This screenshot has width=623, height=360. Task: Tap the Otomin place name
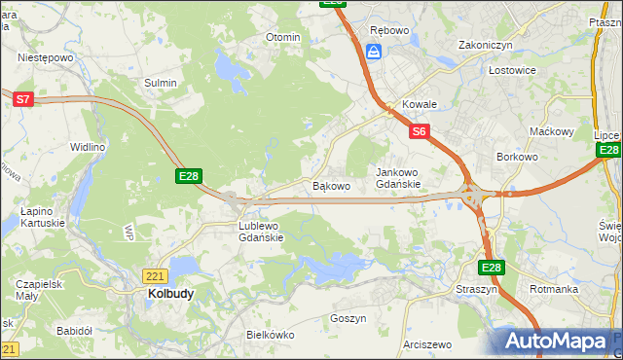(x=283, y=37)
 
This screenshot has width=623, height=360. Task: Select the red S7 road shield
(x=23, y=98)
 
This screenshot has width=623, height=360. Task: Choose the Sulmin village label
(x=161, y=83)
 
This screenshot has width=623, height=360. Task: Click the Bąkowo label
(x=330, y=185)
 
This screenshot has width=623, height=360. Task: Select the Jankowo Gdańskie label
(x=398, y=178)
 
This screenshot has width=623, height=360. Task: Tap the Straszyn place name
(x=476, y=290)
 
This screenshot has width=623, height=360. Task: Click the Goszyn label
(x=348, y=318)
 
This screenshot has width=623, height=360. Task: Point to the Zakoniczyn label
(x=486, y=46)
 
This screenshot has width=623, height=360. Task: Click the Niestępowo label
(x=46, y=57)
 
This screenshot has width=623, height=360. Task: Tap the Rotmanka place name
(x=554, y=289)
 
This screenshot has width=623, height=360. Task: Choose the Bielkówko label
(x=270, y=334)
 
